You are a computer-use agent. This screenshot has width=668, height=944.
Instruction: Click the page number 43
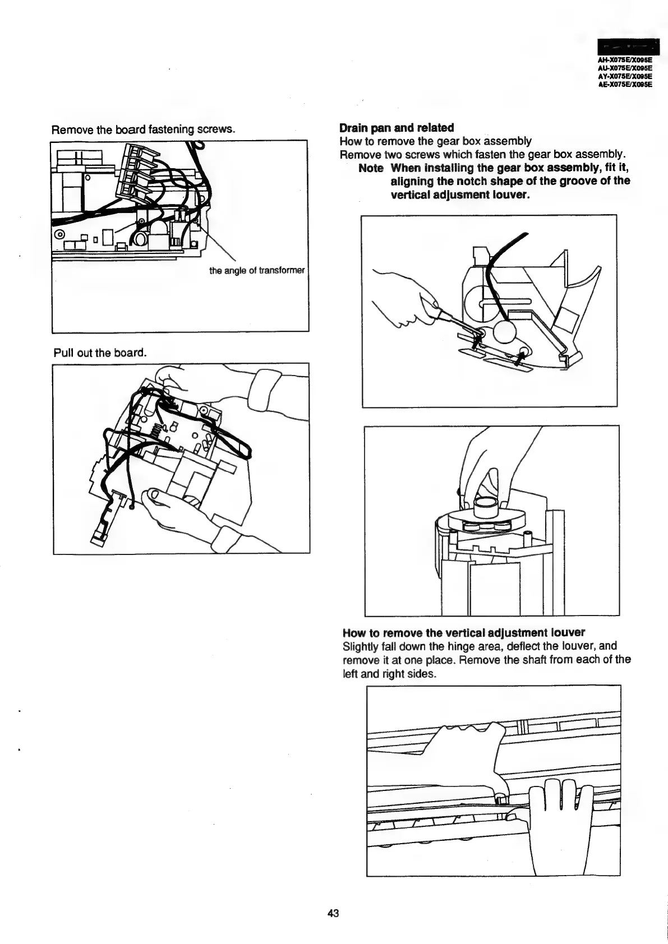click(x=333, y=913)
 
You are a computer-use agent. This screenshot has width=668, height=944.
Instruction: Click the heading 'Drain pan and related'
click(x=397, y=128)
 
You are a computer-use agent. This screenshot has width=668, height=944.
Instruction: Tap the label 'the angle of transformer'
click(x=257, y=271)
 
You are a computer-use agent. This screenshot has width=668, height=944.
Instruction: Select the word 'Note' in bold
click(x=371, y=168)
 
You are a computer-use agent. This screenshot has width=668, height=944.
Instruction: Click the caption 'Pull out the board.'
click(x=100, y=353)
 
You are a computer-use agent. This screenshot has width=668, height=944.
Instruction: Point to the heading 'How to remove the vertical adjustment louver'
click(x=463, y=632)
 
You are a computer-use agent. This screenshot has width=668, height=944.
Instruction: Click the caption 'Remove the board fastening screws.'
click(x=142, y=129)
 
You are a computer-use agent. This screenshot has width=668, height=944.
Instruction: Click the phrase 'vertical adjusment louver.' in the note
click(x=460, y=195)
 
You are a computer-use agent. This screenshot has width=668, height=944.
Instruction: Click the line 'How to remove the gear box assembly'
click(x=436, y=141)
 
